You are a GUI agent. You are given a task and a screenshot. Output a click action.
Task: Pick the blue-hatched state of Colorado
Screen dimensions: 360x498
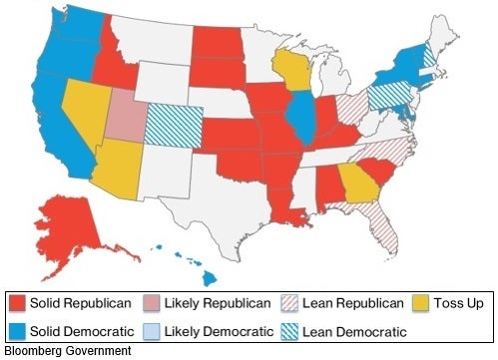175,125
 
